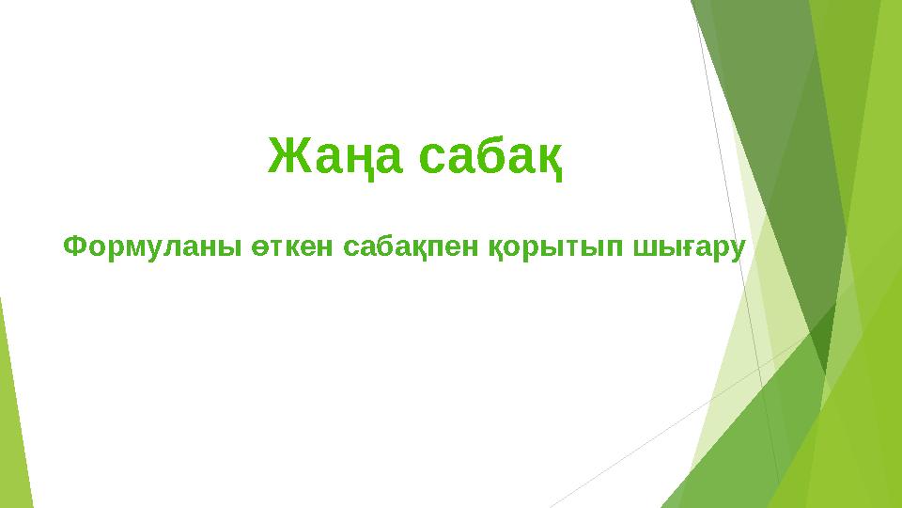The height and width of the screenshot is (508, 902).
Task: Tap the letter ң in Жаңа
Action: tap(361, 159)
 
